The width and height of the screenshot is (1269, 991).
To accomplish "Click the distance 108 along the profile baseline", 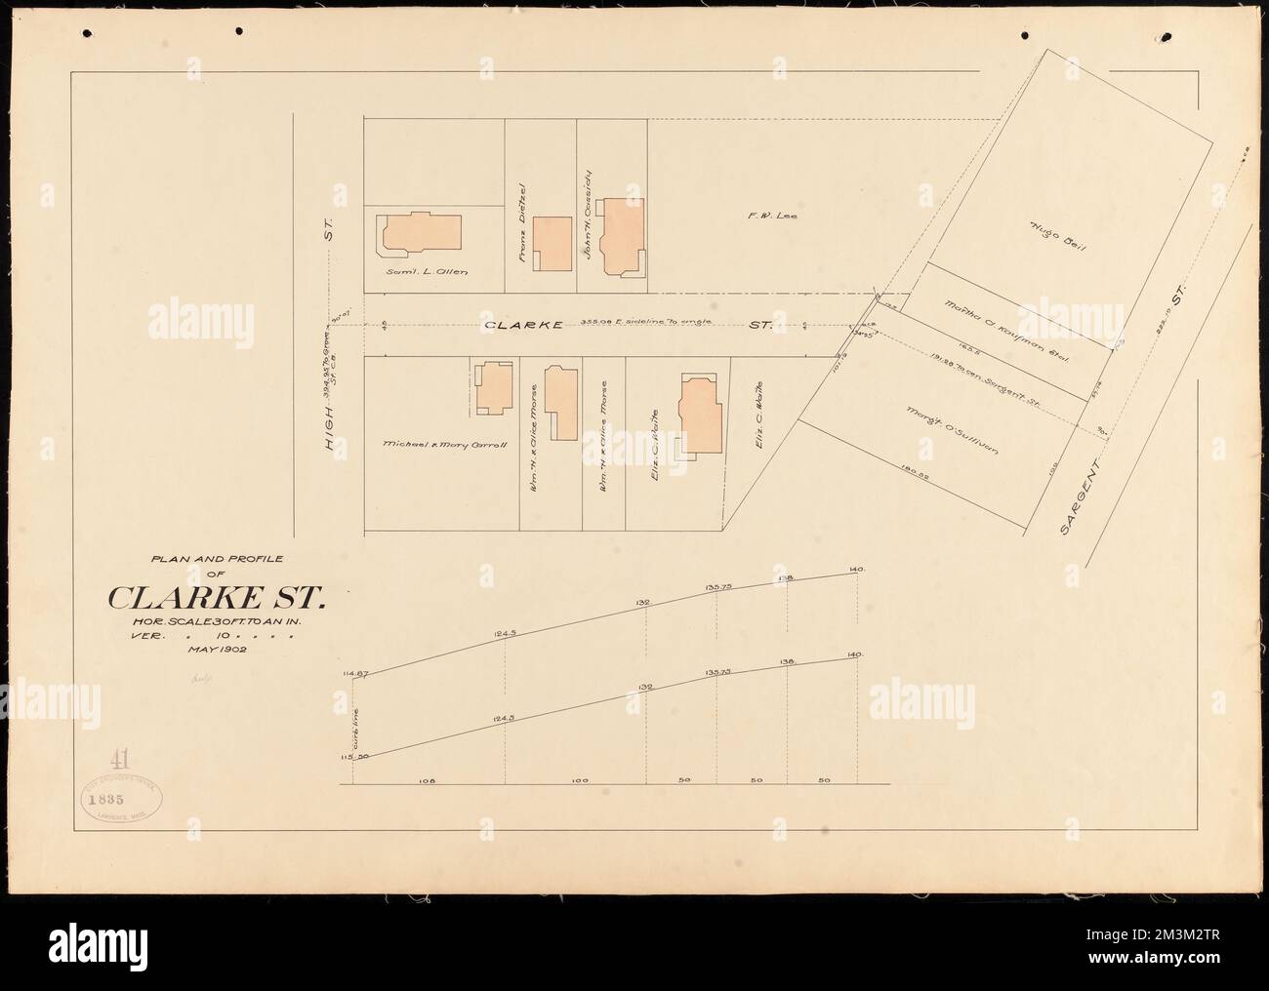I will tap(425, 781).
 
